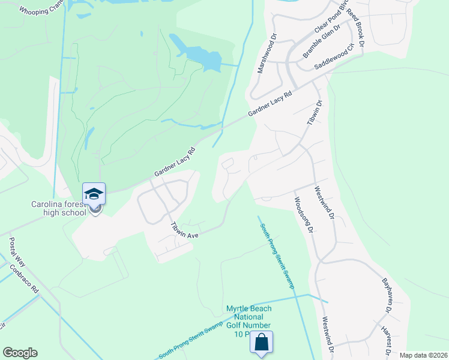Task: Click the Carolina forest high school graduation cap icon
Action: tap(94, 194)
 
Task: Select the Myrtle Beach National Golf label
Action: tap(249, 321)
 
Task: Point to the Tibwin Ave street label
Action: tap(184, 231)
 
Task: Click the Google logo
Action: tap(20, 353)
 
